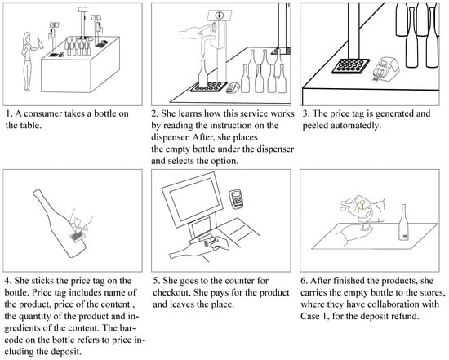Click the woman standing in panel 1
tap(29, 61)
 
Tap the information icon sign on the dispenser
tap(220, 16)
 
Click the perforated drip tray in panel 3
tap(350, 66)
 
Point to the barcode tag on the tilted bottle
tap(77, 237)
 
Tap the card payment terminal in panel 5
tap(237, 198)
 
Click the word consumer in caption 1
tap(43, 113)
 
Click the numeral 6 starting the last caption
tap(303, 281)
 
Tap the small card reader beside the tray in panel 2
tap(233, 87)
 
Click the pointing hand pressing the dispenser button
tap(193, 32)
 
